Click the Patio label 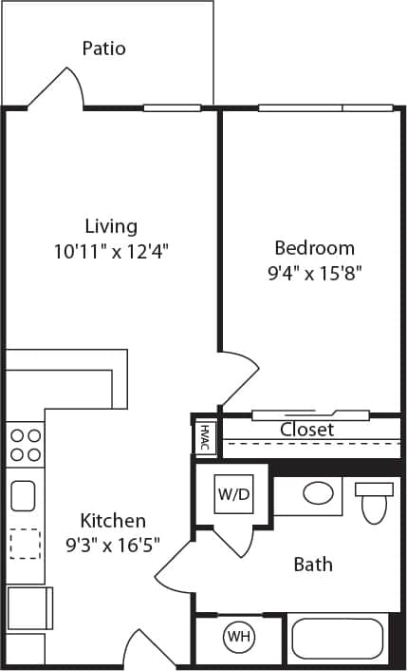tap(103, 48)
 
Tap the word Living tap(111, 226)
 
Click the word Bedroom tap(314, 248)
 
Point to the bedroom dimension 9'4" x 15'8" tap(314, 273)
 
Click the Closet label tap(306, 430)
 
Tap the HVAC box tap(204, 438)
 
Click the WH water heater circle tap(237, 637)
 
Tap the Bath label tap(312, 565)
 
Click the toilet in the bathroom tap(374, 502)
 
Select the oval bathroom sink tap(317, 493)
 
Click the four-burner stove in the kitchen tap(26, 444)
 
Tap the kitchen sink tap(24, 495)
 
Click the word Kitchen tap(113, 521)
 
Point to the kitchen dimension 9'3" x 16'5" tap(113, 545)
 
